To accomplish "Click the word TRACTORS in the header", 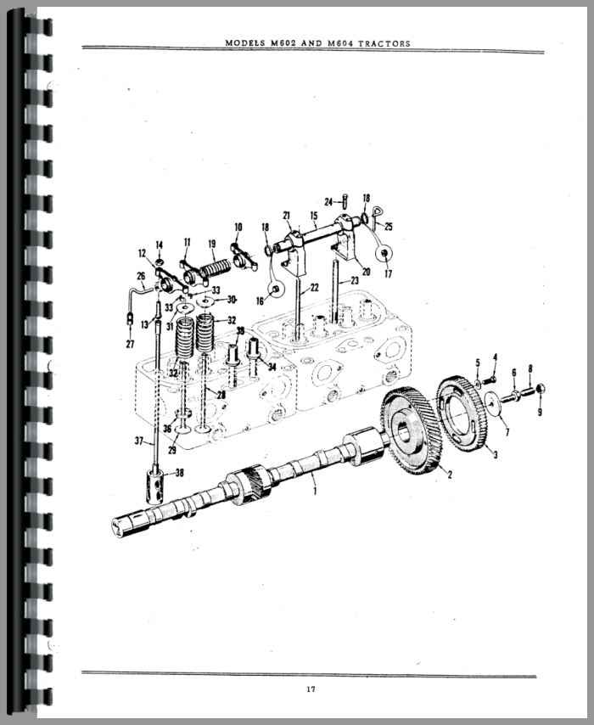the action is click(x=384, y=43).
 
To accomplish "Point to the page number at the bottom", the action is click(x=311, y=689).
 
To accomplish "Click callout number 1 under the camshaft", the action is click(x=316, y=490).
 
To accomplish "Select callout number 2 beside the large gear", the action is click(x=450, y=474).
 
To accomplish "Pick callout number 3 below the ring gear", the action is click(x=495, y=455).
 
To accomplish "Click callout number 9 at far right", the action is click(x=540, y=411).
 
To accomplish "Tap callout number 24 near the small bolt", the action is click(x=328, y=202).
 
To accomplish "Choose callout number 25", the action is click(x=389, y=227).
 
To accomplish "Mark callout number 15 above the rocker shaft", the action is click(x=314, y=216).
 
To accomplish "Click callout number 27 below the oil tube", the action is click(x=130, y=344).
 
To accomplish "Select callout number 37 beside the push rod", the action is click(x=139, y=441).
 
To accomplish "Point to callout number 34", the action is click(x=272, y=367).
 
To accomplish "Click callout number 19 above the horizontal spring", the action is click(x=212, y=244).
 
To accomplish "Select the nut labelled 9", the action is click(x=541, y=389).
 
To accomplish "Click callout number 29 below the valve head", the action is click(x=172, y=449).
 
